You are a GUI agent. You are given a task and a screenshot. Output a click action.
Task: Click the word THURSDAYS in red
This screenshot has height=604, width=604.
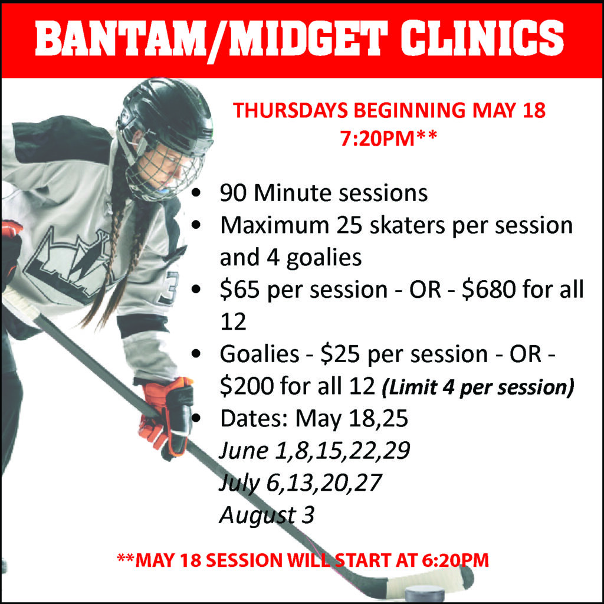tap(290, 110)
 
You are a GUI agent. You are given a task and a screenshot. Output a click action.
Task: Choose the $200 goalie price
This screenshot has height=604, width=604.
tap(247, 386)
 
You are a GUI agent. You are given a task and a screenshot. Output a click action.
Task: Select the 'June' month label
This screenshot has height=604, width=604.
tap(243, 450)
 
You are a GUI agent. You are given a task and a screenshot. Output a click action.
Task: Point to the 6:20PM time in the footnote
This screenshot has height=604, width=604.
tap(455, 560)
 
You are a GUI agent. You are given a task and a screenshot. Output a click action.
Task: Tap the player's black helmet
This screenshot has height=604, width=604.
tap(166, 116)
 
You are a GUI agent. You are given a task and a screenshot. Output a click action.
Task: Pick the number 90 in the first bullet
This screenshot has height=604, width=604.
tap(232, 193)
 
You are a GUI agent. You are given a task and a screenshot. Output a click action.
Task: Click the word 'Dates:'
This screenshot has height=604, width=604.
tap(254, 418)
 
